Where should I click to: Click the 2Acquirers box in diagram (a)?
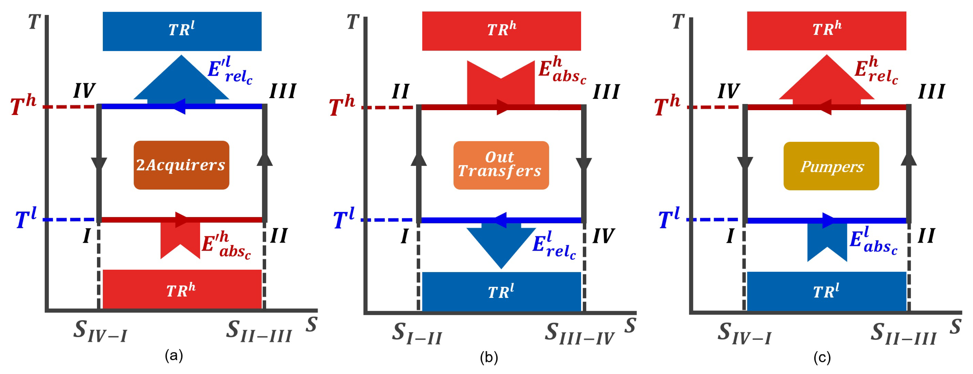(181, 165)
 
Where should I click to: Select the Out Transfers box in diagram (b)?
(501, 165)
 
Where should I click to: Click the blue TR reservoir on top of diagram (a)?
(182, 31)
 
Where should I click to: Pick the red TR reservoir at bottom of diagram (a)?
(182, 289)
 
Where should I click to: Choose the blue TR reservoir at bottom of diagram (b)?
(501, 292)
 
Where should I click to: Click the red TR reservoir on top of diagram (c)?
(826, 31)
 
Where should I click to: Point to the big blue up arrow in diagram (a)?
(181, 81)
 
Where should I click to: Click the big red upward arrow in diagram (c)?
(826, 81)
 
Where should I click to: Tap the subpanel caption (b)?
(489, 357)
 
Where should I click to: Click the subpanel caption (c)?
(822, 357)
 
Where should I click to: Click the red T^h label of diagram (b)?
(342, 106)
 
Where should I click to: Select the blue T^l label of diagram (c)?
(669, 218)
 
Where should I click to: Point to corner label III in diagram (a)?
(283, 91)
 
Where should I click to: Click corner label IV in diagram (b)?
(603, 237)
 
